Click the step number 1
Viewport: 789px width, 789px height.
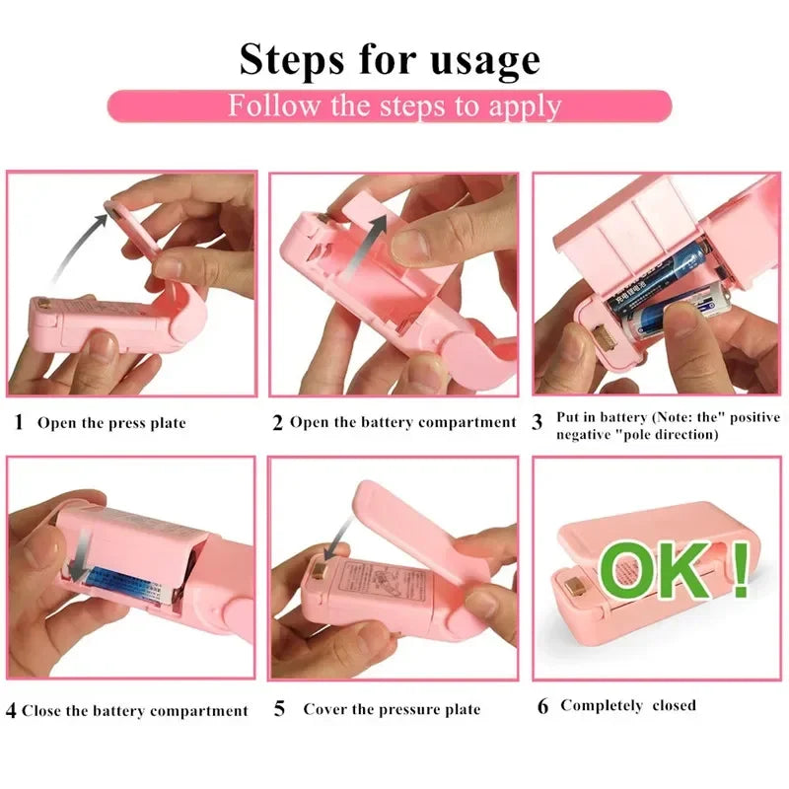(19, 423)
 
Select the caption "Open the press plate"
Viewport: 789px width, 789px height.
(111, 423)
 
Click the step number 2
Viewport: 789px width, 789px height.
(278, 423)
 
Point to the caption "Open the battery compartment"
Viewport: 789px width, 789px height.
(402, 423)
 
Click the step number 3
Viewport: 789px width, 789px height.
(538, 423)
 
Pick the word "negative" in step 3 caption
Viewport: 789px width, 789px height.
(586, 435)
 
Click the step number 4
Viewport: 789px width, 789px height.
(11, 710)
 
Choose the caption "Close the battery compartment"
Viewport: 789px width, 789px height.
(135, 710)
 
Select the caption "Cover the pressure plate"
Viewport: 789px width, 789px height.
(392, 709)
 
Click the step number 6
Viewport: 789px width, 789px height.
(542, 706)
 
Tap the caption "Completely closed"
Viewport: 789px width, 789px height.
(628, 705)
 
